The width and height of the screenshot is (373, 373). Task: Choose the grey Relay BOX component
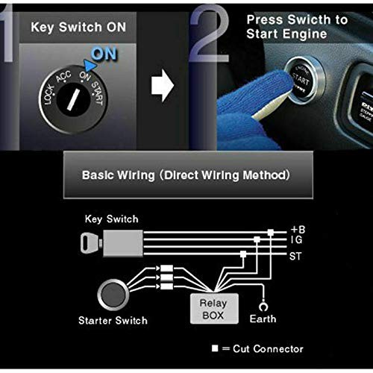click(213, 308)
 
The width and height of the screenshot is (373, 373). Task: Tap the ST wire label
click(296, 257)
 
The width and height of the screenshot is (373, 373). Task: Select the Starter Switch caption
click(112, 321)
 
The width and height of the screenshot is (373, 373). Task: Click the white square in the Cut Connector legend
click(214, 348)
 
